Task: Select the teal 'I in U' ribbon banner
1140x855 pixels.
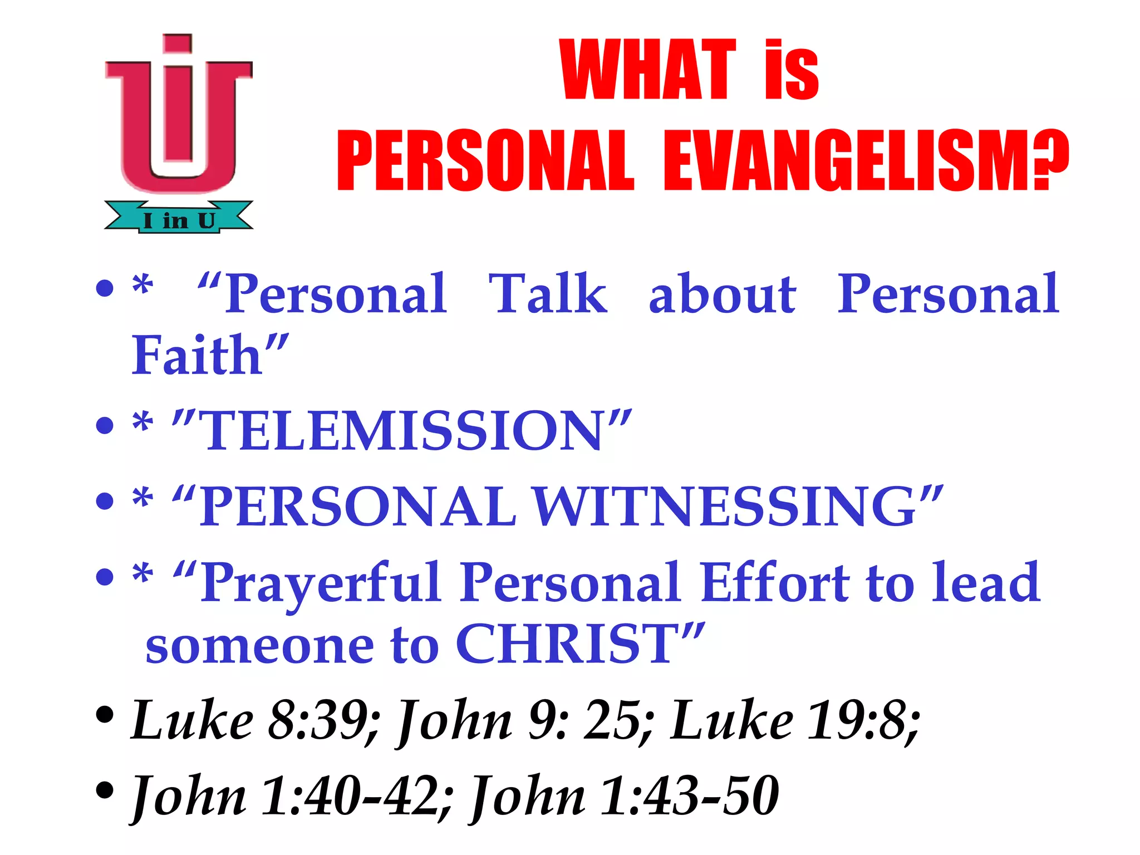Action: pyautogui.click(x=179, y=219)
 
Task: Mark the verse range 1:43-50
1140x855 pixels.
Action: pyautogui.click(x=690, y=796)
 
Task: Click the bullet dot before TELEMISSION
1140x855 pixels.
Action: pyautogui.click(x=105, y=426)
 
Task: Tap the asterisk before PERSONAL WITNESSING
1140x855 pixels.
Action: pyautogui.click(x=142, y=498)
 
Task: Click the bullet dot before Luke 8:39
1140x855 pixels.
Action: pyautogui.click(x=105, y=715)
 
